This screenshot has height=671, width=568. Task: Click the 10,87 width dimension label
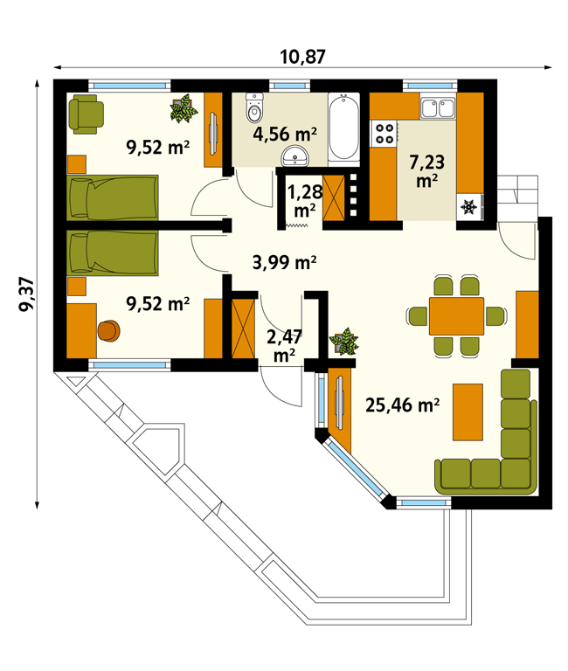302,57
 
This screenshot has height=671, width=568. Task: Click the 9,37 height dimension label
27,294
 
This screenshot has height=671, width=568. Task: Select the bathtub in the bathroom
343,128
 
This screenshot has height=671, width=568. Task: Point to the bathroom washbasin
294,156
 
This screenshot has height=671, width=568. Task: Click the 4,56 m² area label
285,134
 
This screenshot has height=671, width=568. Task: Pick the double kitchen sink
438,107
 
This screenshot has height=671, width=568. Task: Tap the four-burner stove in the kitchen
384,133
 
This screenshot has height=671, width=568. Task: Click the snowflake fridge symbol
469,207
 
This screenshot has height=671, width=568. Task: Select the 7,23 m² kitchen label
426,171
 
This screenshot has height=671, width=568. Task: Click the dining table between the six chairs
456,316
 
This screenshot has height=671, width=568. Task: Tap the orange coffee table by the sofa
468,412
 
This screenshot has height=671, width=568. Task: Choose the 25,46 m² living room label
402,405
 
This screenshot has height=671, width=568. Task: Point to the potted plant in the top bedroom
184,108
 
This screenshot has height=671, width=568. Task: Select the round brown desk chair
108,331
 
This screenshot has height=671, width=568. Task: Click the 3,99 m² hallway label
285,262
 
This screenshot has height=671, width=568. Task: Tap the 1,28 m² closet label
304,201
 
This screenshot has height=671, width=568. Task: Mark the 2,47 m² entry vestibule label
284,346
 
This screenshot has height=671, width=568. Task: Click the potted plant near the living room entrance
343,342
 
